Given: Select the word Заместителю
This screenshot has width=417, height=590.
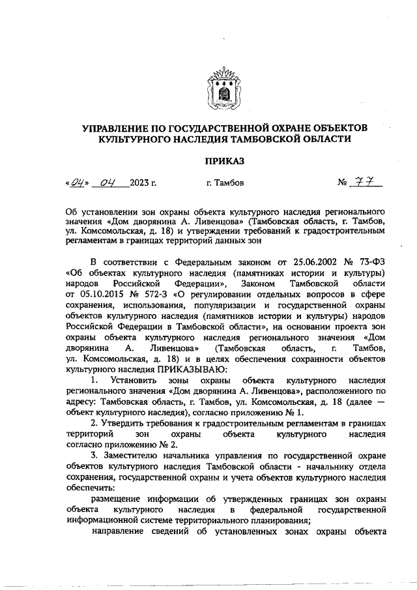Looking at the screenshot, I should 132,454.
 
